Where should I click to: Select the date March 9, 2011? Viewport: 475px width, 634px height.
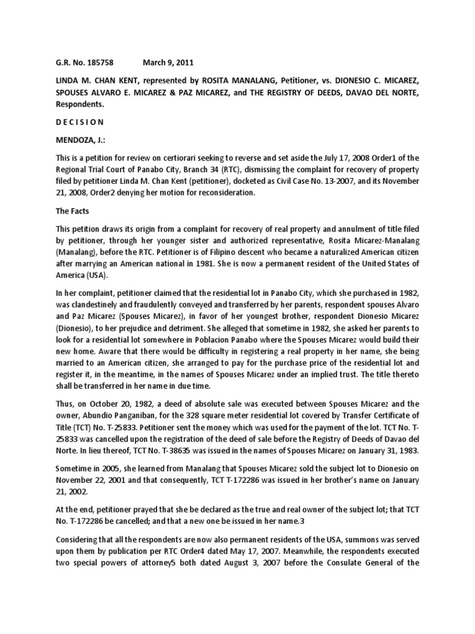pos(167,62)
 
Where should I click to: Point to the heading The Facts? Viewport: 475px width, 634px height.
pos(72,211)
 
